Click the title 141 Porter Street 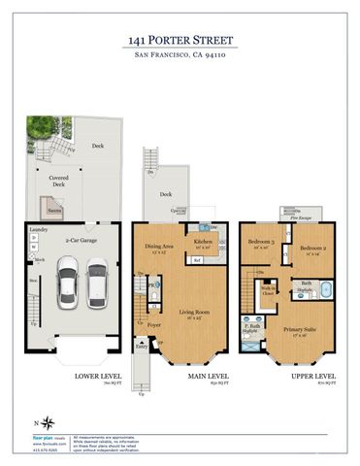coord(180,40)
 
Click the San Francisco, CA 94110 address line coord(180,57)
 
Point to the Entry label coord(142,346)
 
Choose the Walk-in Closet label coord(268,290)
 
